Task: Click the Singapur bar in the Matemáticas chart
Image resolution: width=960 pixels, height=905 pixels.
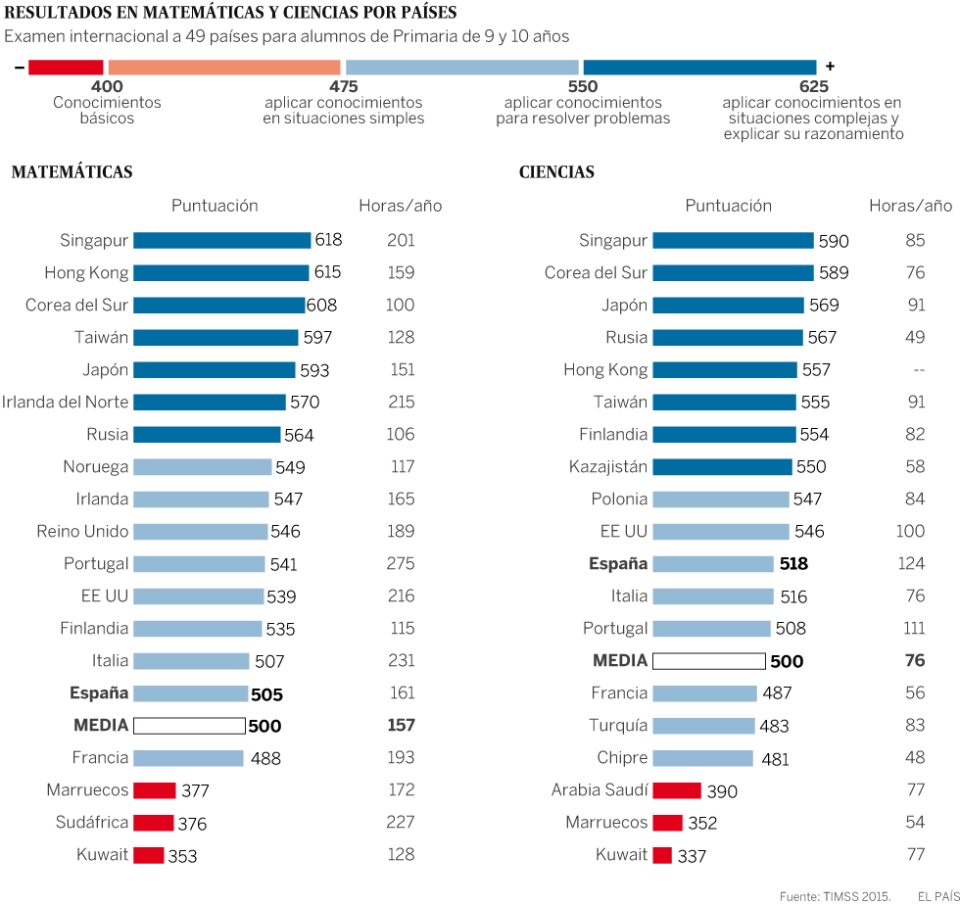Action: click(221, 240)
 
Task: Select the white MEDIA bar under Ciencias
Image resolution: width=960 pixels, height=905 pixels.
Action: click(708, 661)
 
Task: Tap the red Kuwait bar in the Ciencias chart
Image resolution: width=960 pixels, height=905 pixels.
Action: click(662, 855)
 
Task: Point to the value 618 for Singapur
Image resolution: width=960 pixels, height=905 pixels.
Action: click(328, 240)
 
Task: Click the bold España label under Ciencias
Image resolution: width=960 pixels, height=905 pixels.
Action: click(618, 564)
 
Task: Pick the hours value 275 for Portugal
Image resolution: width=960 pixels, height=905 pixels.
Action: click(401, 564)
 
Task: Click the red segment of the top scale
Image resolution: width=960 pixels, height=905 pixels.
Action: click(66, 67)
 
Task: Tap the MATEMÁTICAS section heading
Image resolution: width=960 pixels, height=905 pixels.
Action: click(72, 172)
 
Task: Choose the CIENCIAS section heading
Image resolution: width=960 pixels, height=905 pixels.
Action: click(556, 172)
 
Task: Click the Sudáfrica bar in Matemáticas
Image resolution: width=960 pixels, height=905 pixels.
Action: click(153, 823)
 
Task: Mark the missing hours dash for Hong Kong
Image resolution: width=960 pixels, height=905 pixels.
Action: click(918, 370)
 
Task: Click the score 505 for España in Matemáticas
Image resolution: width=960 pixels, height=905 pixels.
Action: click(266, 694)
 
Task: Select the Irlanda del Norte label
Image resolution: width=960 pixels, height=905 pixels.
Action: click(65, 403)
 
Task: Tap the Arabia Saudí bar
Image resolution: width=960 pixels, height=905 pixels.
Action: click(677, 790)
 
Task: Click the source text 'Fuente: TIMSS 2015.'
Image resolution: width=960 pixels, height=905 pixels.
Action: click(835, 895)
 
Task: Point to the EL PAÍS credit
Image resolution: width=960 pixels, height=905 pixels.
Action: click(938, 895)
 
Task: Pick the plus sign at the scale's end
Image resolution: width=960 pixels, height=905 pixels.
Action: click(830, 67)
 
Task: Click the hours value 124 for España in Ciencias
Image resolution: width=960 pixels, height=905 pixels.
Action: click(917, 564)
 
